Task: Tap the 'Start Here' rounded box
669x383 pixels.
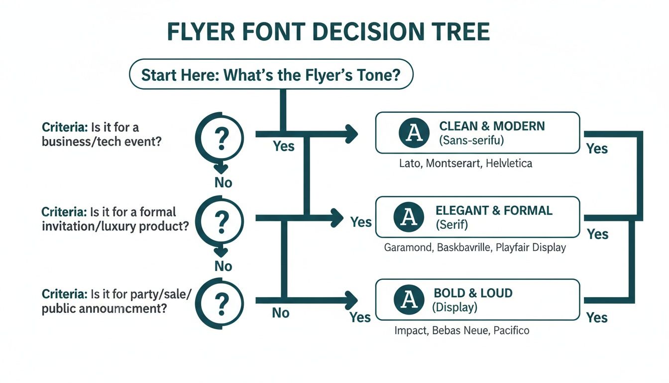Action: [271, 75]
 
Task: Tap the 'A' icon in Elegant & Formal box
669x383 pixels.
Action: [408, 216]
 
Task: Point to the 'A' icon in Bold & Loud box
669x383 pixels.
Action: [408, 300]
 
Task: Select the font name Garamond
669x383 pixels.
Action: [407, 247]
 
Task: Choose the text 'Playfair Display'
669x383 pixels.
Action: [531, 247]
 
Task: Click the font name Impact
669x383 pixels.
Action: [410, 330]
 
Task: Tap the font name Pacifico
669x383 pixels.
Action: [511, 330]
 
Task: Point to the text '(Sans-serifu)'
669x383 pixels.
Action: [471, 140]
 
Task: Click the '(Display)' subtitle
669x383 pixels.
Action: [455, 307]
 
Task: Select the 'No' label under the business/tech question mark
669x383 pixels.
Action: [223, 183]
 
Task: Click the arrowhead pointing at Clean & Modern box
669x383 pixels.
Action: [353, 134]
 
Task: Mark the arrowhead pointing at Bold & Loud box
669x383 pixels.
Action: [353, 300]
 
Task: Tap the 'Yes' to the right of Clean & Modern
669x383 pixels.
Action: [597, 149]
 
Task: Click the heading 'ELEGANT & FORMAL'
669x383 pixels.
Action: [494, 210]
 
